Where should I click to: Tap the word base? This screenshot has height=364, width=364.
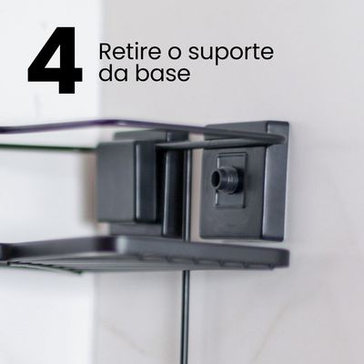coord(167,74)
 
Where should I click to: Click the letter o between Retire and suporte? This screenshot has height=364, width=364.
coord(166,52)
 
